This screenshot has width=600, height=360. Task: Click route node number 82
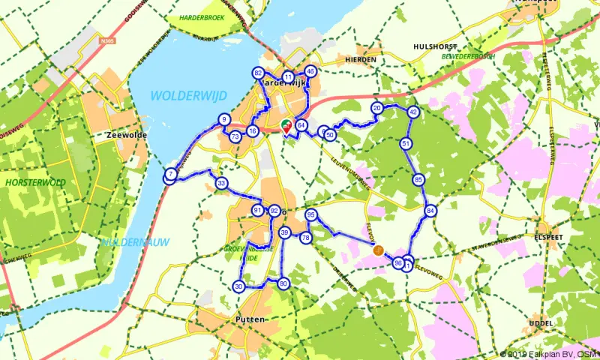pyautogui.click(x=259, y=73)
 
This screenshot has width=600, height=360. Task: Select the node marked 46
pyautogui.click(x=310, y=72)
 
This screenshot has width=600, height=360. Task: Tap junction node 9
pyautogui.click(x=224, y=119)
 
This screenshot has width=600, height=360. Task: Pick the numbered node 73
pyautogui.click(x=235, y=136)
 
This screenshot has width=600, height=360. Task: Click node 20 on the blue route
pyautogui.click(x=377, y=108)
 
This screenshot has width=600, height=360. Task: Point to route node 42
pyautogui.click(x=413, y=112)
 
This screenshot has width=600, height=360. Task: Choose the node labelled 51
pyautogui.click(x=406, y=143)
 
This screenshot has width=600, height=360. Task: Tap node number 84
pyautogui.click(x=430, y=211)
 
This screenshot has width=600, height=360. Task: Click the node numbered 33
pyautogui.click(x=221, y=183)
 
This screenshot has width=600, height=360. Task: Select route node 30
pyautogui.click(x=238, y=286)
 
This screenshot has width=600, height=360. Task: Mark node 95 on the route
pyautogui.click(x=311, y=215)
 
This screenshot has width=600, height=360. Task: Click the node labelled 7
pyautogui.click(x=171, y=175)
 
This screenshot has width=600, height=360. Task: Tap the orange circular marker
pyautogui.click(x=379, y=250)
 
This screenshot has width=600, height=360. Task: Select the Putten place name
pyautogui.click(x=250, y=319)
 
